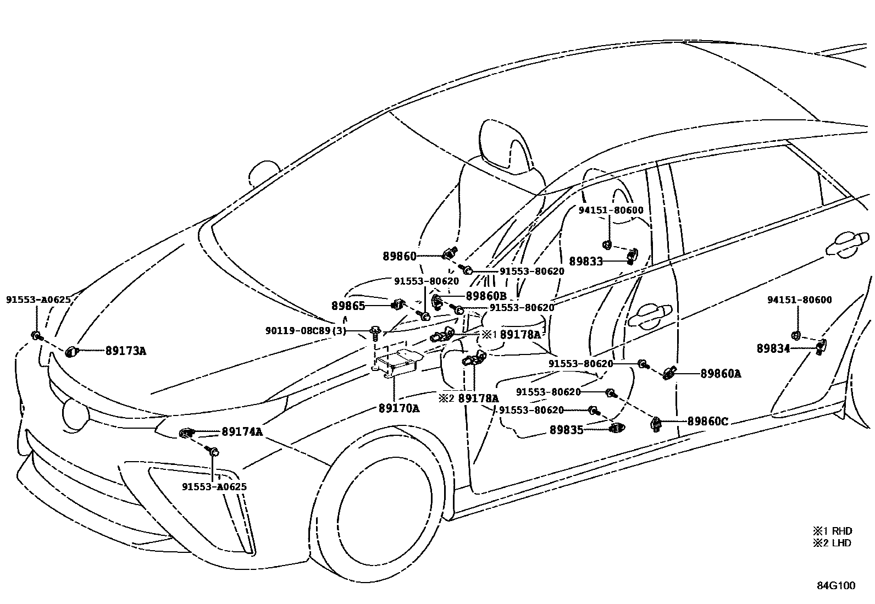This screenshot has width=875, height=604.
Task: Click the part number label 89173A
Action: [126, 351]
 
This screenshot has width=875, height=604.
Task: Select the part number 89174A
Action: [242, 432]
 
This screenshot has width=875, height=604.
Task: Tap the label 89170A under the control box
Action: [398, 408]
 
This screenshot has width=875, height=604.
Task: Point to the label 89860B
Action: [486, 296]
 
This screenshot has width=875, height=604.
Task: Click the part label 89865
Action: [348, 306]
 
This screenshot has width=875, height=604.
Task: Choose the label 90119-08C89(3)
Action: [306, 331]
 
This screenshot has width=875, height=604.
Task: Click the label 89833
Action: [586, 262]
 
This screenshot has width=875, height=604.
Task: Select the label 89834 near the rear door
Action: [773, 348]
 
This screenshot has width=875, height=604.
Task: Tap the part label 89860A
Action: [721, 374]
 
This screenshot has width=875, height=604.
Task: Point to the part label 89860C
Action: [708, 422]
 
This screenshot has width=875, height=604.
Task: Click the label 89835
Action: [566, 430]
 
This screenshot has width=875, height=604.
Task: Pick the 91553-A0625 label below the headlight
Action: [214, 486]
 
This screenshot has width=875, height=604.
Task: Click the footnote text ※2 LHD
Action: [832, 543]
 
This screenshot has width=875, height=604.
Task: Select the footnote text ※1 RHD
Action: [832, 531]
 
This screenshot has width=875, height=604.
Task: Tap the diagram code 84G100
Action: [835, 585]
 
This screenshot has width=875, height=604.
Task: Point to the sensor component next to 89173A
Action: [71, 352]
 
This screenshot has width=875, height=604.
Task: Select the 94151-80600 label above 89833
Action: [611, 210]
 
